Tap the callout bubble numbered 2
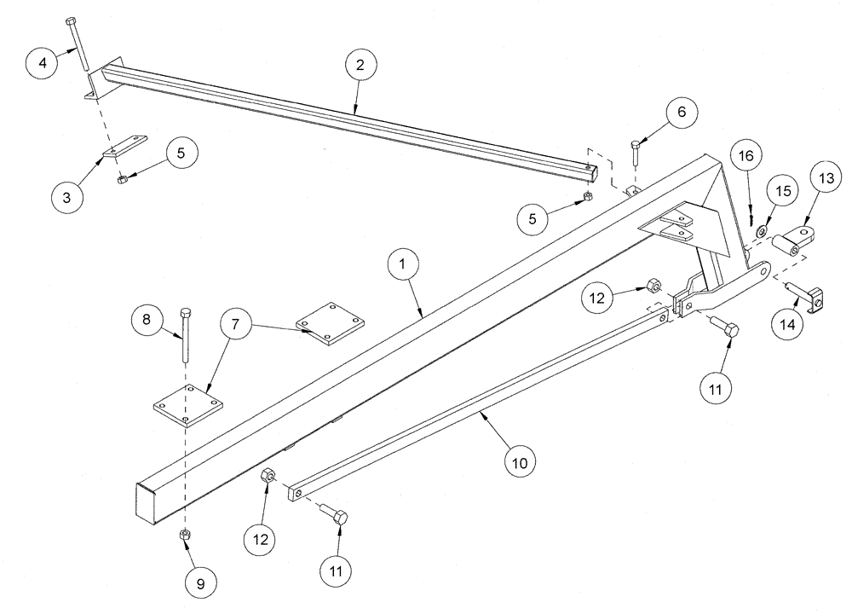362,66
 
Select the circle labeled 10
521,463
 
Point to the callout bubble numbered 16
747,157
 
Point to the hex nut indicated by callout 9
184,535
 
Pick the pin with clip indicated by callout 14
809,295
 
